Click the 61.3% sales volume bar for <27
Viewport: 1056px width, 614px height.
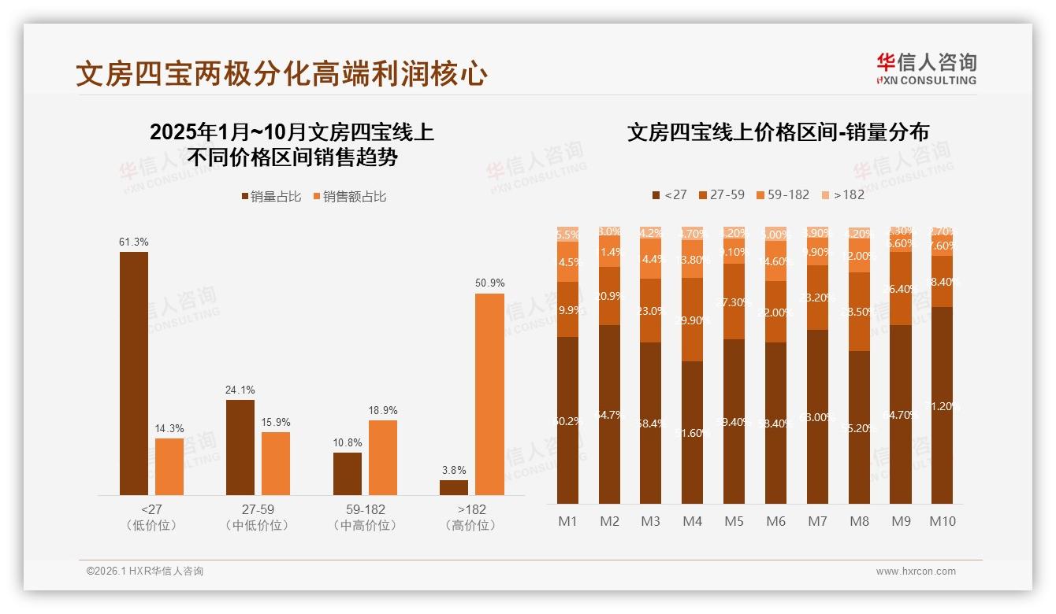click(x=134, y=373)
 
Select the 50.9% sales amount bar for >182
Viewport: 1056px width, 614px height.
click(x=489, y=394)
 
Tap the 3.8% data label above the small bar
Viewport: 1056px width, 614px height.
click(x=454, y=470)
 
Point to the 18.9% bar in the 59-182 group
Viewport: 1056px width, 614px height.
click(x=383, y=457)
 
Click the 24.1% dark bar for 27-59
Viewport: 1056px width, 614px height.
click(x=240, y=447)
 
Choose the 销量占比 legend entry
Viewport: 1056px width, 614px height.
click(x=271, y=197)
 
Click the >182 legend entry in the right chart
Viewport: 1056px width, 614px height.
click(x=842, y=194)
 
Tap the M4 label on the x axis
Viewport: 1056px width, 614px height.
click(x=692, y=521)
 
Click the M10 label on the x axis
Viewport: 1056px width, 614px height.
click(x=942, y=521)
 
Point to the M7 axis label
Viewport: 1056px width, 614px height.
click(x=817, y=521)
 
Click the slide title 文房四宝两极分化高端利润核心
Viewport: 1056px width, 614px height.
click(x=281, y=74)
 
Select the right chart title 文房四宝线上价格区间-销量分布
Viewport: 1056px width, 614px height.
click(x=778, y=131)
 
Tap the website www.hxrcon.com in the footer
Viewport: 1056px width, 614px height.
click(x=916, y=571)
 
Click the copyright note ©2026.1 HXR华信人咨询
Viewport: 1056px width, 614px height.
click(x=145, y=571)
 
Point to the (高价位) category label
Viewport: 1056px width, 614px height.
click(x=471, y=525)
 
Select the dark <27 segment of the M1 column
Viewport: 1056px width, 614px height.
click(x=568, y=420)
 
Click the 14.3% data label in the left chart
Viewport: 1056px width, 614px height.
click(x=169, y=429)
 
